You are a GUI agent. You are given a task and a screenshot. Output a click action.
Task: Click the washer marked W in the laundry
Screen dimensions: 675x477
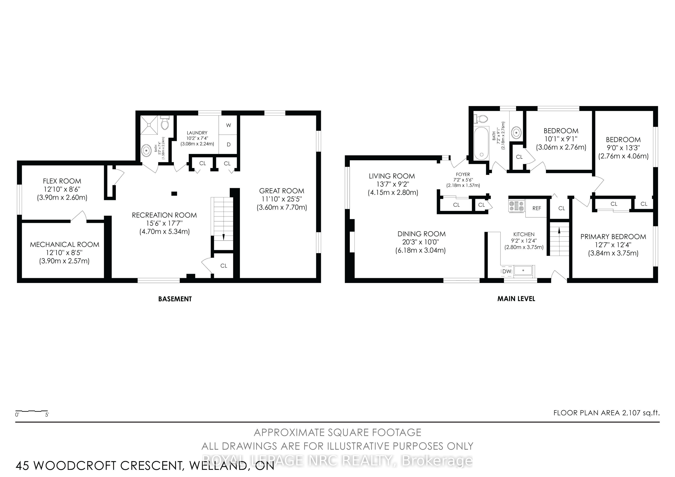pyautogui.click(x=229, y=125)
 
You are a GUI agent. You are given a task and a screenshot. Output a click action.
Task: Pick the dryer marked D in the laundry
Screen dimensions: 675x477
pyautogui.click(x=229, y=144)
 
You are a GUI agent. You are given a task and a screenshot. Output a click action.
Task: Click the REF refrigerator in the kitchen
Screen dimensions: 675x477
pyautogui.click(x=536, y=208)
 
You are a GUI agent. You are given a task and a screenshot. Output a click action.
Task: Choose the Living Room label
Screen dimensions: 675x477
pyautogui.click(x=392, y=176)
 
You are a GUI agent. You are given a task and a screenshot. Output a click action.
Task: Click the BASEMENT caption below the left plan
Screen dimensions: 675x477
pyautogui.click(x=175, y=299)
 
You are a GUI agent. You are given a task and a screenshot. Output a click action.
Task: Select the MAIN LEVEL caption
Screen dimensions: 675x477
pyautogui.click(x=516, y=299)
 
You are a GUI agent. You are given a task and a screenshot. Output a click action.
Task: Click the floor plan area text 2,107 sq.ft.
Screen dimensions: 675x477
pyautogui.click(x=641, y=413)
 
